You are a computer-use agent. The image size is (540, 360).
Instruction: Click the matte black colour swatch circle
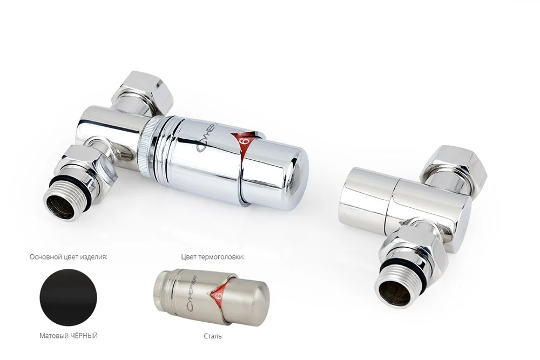(69, 297)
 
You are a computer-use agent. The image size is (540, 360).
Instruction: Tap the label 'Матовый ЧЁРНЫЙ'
(69, 336)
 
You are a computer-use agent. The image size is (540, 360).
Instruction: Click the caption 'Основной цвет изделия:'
(69, 257)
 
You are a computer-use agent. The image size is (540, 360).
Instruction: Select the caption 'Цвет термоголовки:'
(213, 257)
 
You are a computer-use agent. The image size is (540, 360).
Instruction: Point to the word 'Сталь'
(213, 336)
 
